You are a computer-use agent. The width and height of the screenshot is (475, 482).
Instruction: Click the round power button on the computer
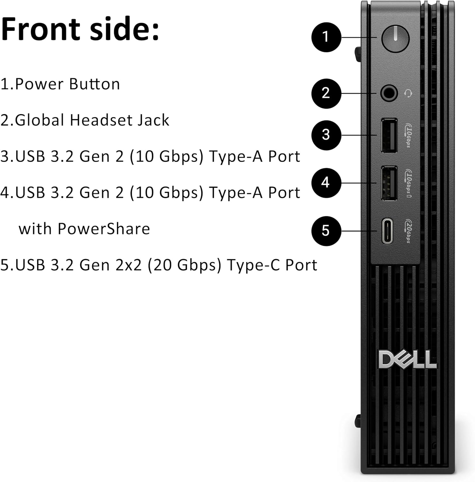pos(395,39)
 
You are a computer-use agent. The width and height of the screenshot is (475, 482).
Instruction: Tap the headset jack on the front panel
pos(389,94)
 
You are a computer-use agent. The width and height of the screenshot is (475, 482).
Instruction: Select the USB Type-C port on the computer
pos(388,231)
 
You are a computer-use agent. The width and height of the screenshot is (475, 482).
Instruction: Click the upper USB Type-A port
pos(389,135)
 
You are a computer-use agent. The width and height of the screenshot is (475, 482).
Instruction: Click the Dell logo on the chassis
pos(407,360)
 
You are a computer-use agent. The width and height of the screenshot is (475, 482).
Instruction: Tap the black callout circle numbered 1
pos(326,37)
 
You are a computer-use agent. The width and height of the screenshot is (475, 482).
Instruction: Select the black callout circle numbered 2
pos(326,94)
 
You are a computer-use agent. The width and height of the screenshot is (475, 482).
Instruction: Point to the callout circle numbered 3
pos(326,135)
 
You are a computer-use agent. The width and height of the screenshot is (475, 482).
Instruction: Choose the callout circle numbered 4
pos(326,183)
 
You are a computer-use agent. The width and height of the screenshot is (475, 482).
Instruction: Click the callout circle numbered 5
pos(326,231)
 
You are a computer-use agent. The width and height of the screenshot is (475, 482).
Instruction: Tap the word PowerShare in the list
pos(104,229)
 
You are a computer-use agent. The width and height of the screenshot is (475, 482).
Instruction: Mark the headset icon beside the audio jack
pos(408,94)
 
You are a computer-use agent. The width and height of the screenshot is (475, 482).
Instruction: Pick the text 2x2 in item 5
pos(128,265)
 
